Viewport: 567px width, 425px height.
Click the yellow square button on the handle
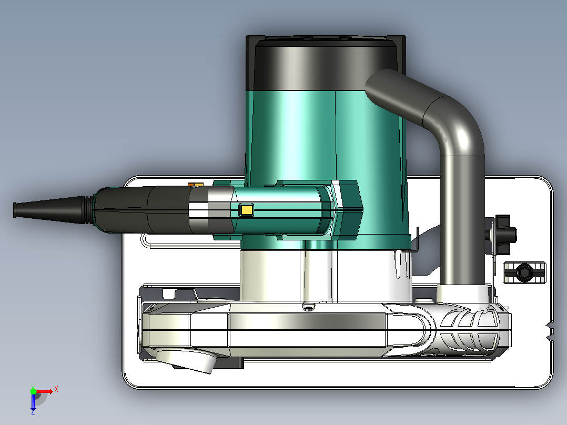tap(246, 210)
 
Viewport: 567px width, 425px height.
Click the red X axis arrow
tap(45, 392)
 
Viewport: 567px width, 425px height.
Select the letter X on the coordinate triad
tap(56, 389)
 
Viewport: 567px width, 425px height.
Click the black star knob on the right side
tap(504, 235)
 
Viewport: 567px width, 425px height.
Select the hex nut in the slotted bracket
tap(525, 272)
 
